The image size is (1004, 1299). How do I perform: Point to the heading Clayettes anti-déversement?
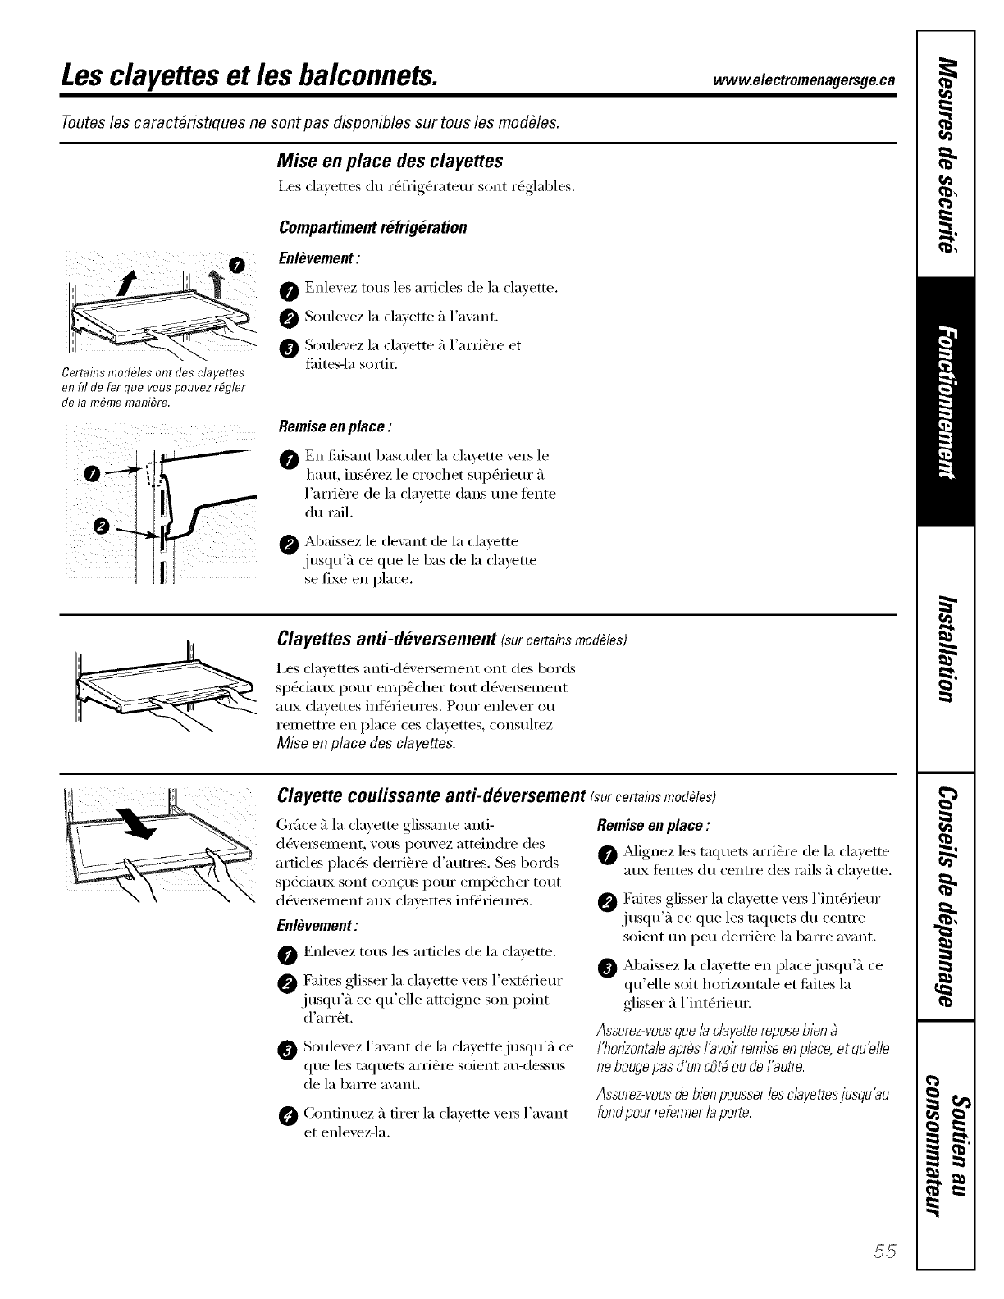click(387, 638)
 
